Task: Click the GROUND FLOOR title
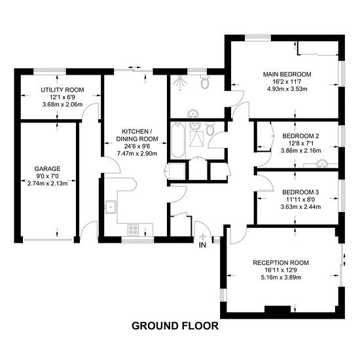click(175, 326)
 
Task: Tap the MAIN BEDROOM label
click(287, 75)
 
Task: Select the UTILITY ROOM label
click(62, 90)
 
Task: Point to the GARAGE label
click(48, 169)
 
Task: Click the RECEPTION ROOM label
click(281, 262)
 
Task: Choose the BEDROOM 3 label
click(300, 192)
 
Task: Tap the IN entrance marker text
click(202, 245)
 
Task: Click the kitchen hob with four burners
click(134, 230)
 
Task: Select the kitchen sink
click(111, 207)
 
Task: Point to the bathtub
click(177, 140)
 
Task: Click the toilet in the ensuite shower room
click(205, 82)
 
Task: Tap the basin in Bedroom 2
click(321, 164)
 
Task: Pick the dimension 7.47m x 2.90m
click(137, 153)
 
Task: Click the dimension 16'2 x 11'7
click(287, 82)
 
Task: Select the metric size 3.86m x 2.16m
click(301, 151)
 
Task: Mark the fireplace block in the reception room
click(278, 309)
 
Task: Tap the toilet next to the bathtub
click(210, 128)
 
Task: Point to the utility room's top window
click(50, 71)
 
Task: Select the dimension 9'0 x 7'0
click(48, 176)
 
